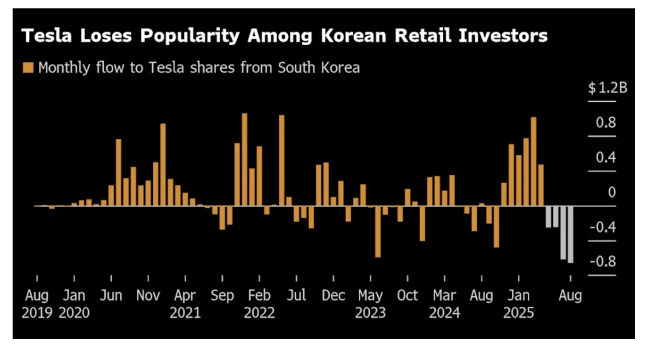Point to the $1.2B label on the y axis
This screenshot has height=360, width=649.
point(608,88)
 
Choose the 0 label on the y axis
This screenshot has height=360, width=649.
point(611,193)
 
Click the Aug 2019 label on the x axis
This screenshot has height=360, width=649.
point(37,304)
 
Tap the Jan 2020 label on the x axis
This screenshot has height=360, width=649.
point(74,304)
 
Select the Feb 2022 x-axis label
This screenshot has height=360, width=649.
point(259,304)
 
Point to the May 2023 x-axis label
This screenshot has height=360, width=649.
point(370,304)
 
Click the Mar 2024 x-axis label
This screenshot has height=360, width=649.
point(444,304)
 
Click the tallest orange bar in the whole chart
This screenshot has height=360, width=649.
point(244,160)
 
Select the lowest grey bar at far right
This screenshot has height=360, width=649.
point(570,234)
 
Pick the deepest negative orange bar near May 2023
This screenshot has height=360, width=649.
point(378,231)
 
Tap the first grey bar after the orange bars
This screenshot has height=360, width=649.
point(548,216)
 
